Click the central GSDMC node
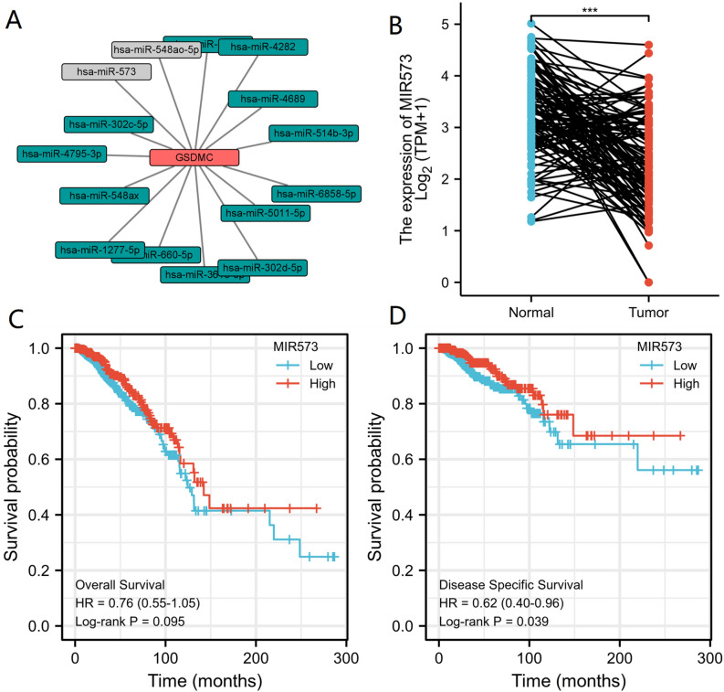tap(194, 157)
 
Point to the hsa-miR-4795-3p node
tap(61, 154)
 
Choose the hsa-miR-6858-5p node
tap(310, 193)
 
